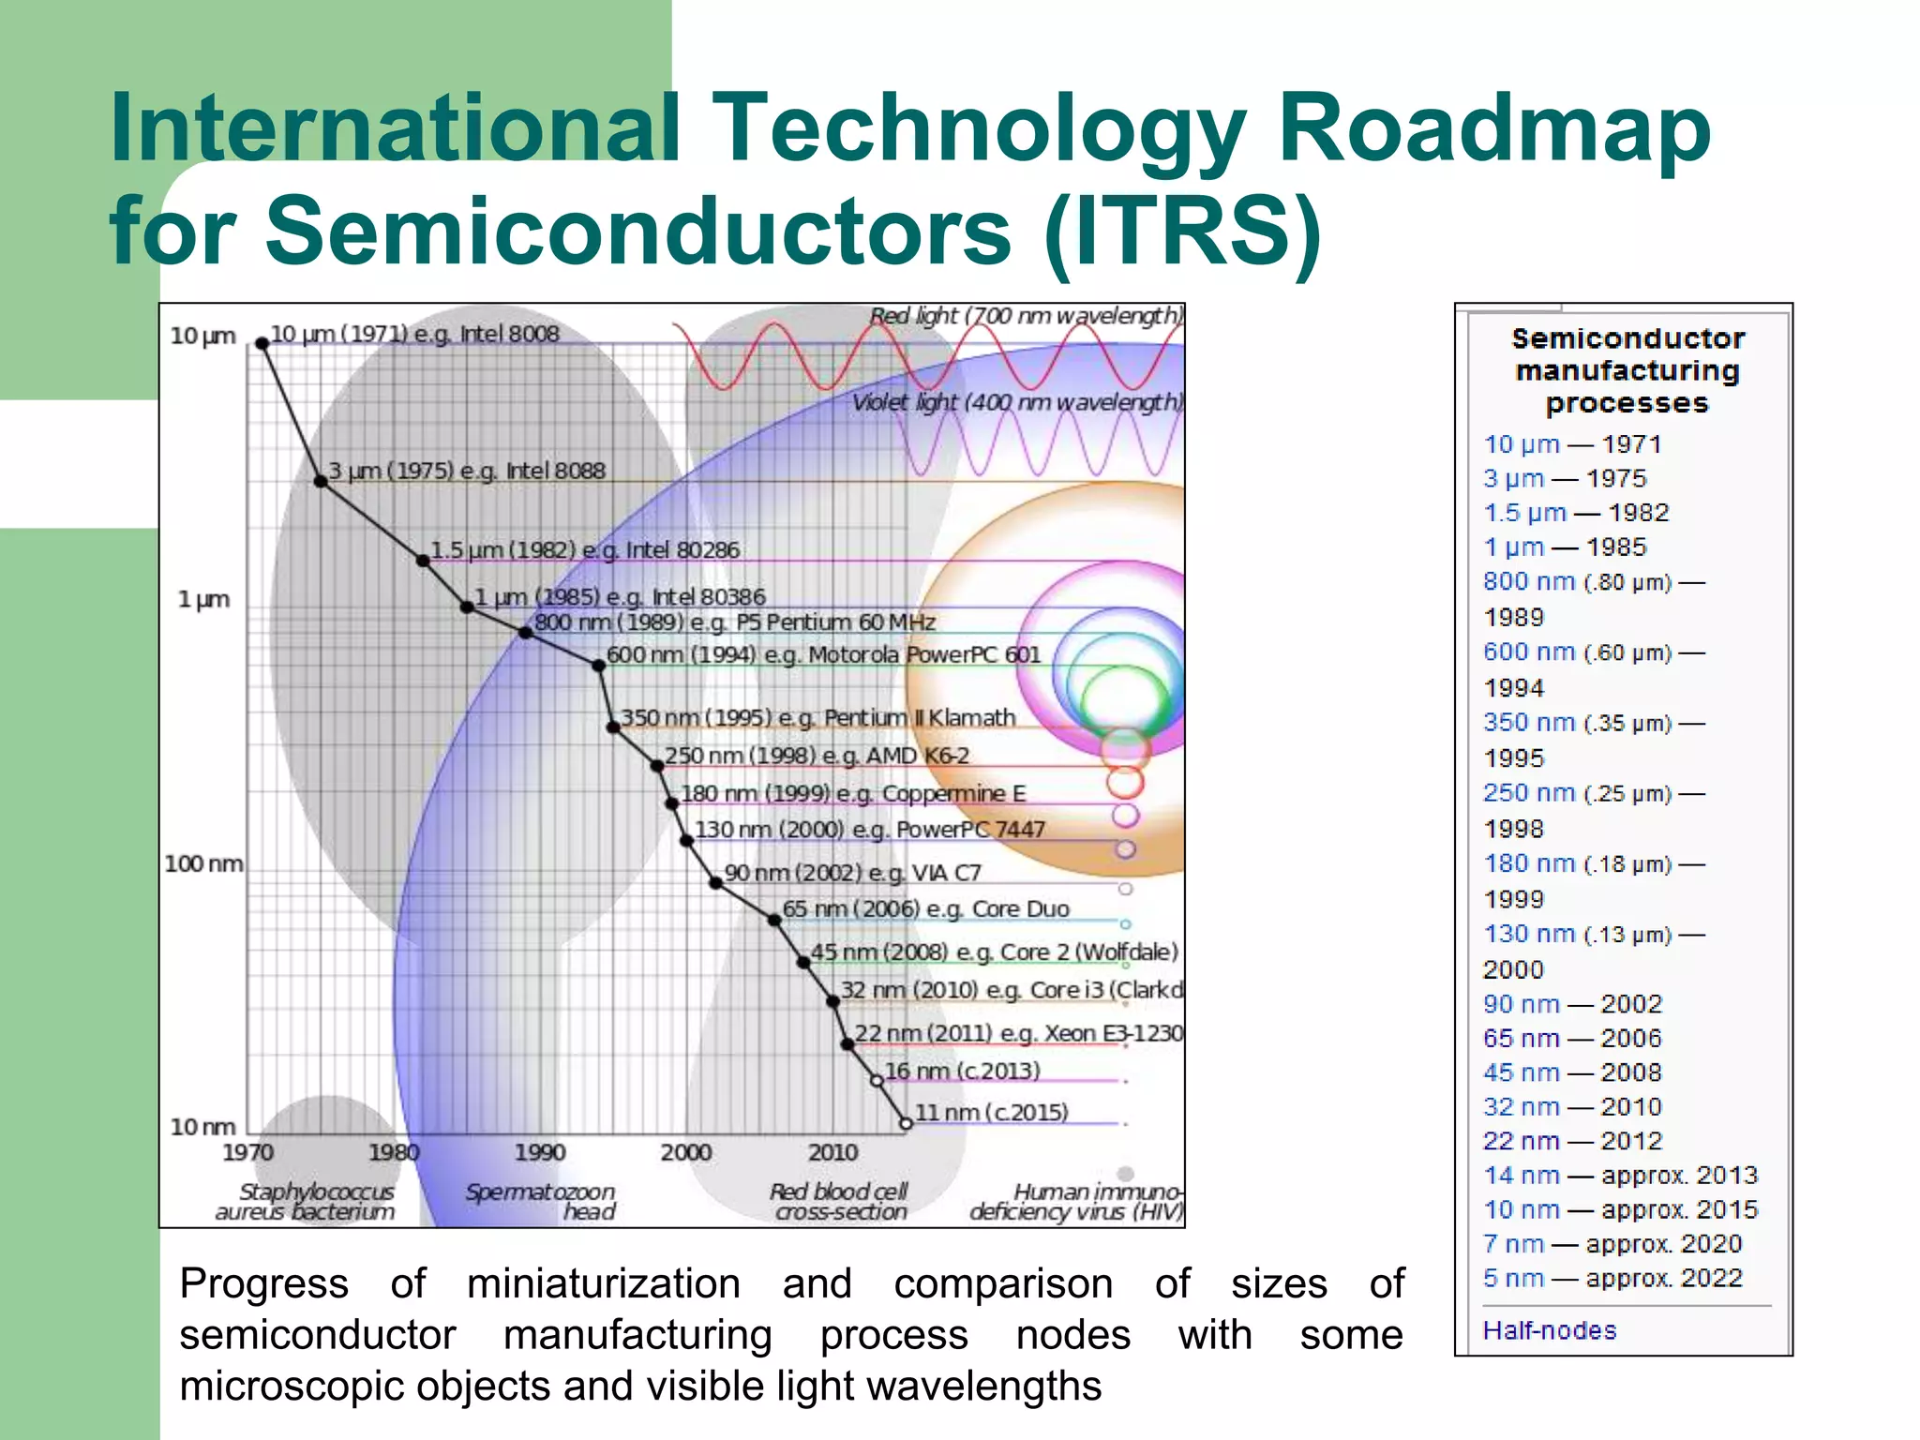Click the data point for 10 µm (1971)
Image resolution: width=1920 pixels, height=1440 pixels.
tap(262, 344)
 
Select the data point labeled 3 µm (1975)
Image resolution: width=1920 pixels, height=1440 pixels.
tap(321, 481)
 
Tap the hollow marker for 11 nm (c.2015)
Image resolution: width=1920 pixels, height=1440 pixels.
tap(906, 1123)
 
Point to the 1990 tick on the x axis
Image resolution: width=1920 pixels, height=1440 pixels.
tap(540, 1152)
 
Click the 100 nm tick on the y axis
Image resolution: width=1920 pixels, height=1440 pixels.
tap(203, 863)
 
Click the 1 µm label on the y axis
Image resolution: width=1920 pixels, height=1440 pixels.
tap(203, 599)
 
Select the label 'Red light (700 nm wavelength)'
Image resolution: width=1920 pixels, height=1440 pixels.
tap(1026, 316)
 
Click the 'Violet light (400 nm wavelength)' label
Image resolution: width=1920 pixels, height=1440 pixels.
tap(1016, 402)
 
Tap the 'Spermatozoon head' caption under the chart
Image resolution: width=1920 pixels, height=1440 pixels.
tap(541, 1201)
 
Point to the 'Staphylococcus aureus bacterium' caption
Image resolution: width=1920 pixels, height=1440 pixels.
tap(306, 1201)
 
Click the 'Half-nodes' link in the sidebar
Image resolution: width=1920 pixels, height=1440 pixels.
tap(1550, 1330)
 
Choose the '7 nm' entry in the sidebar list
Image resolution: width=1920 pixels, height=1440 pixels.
tap(1513, 1244)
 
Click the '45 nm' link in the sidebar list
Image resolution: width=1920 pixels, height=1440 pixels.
tap(1520, 1072)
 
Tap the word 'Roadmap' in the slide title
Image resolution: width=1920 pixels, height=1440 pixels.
tap(1494, 129)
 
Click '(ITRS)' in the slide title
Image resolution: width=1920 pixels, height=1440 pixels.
tap(1182, 231)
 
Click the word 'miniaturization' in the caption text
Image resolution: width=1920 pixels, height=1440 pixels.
tap(604, 1283)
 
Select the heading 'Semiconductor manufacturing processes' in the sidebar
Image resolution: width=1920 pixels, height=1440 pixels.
tap(1627, 370)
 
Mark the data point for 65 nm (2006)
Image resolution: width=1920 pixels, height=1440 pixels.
tap(774, 920)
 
